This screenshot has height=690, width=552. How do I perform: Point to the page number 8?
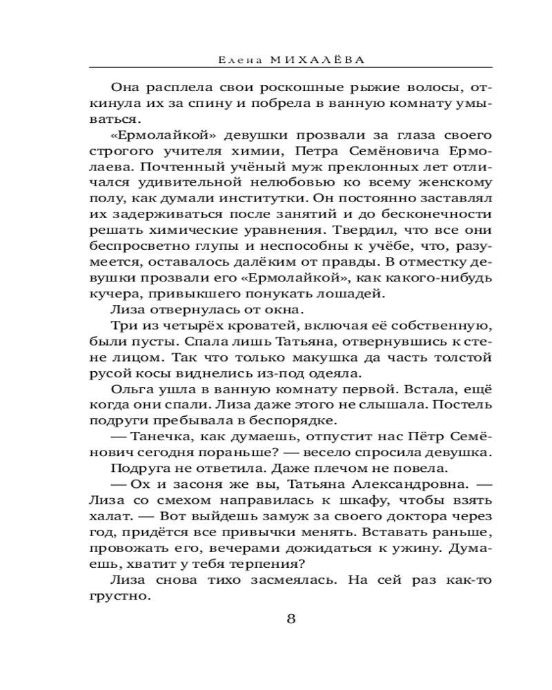coord(290,618)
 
